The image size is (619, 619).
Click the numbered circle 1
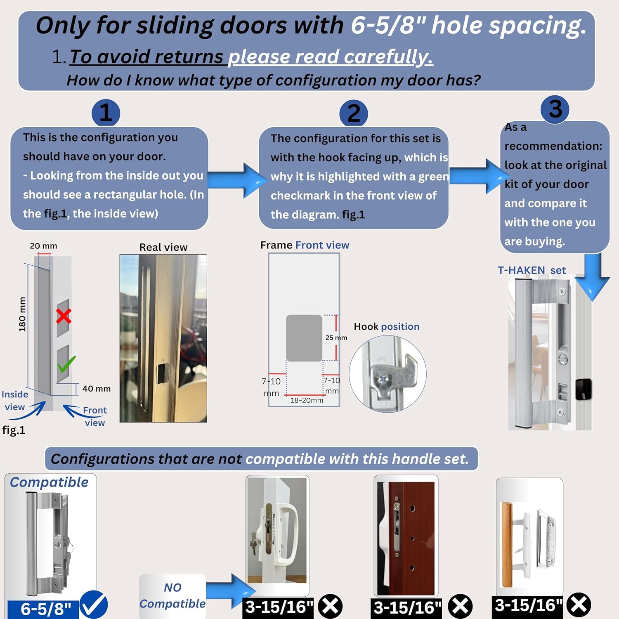106,113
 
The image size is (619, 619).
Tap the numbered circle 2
353,113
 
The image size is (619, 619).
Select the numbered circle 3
555,109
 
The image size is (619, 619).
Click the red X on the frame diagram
64,316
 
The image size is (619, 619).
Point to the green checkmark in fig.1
66,364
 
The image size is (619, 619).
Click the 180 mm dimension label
22,314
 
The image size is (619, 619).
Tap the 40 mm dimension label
96,389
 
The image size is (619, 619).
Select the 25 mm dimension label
336,338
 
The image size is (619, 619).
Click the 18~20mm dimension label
307,400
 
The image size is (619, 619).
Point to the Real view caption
163,247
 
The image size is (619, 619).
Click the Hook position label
386,326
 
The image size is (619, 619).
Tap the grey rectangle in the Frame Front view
304,338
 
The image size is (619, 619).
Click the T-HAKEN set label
532,270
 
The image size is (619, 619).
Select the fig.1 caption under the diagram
14,430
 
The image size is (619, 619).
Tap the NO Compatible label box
172,595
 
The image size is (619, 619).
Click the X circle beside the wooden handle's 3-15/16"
579,605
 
